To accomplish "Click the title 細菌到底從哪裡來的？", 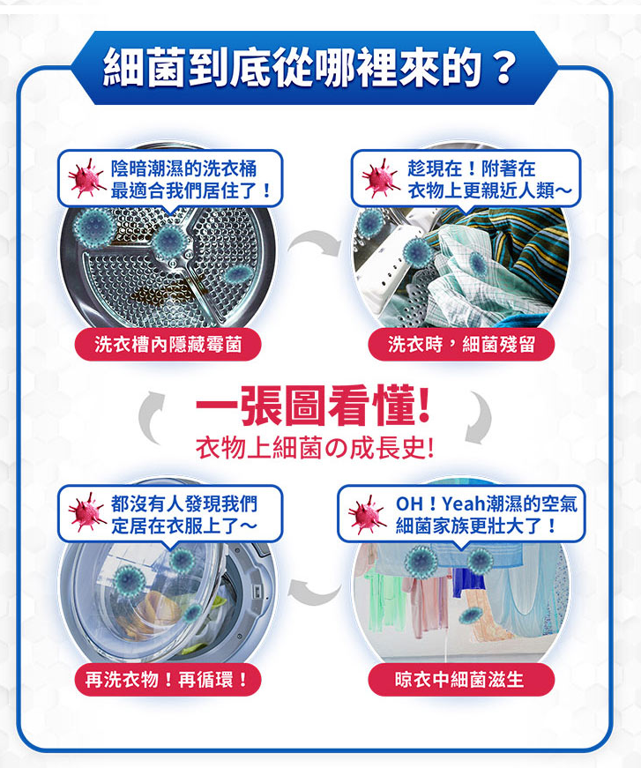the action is [310, 67].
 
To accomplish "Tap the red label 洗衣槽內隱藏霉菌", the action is [168, 345].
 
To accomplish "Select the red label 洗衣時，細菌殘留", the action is [461, 345].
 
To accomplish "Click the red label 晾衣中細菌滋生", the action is [461, 679].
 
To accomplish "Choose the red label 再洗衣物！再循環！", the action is [168, 679].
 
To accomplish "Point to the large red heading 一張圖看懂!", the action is [313, 406].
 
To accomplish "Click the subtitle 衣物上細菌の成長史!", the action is [315, 448].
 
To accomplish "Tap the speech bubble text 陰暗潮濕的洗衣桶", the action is [183, 168].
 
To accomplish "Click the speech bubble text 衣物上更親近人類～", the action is [489, 190].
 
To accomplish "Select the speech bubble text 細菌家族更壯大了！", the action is [476, 526].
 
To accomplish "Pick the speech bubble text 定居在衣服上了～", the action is [183, 526].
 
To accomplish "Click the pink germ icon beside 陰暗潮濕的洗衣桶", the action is [86, 178].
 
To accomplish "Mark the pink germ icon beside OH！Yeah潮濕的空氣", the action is [367, 514].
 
